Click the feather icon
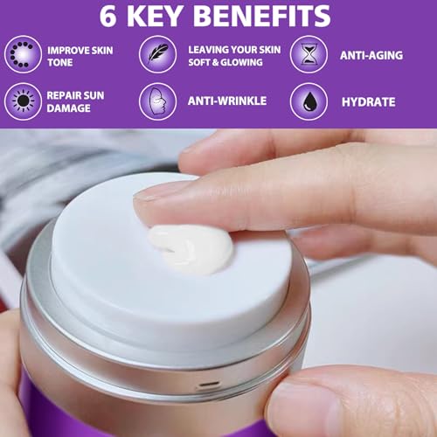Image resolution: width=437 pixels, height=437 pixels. click(157, 54)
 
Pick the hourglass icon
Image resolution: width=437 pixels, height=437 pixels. click(309, 54)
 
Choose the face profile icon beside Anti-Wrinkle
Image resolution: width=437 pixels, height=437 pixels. click(157, 101)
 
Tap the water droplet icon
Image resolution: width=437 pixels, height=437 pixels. click(309, 101)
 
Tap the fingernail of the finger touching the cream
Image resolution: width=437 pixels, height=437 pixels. click(152, 203)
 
